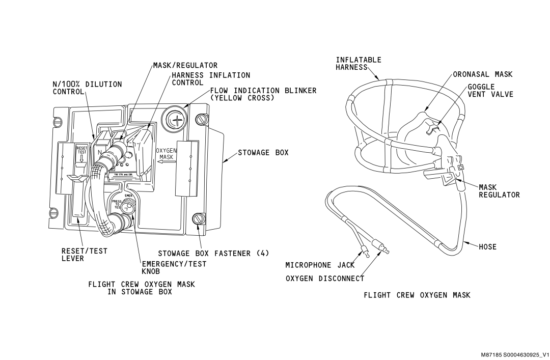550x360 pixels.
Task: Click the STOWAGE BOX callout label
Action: click(263, 152)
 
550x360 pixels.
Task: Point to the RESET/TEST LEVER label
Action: click(80, 255)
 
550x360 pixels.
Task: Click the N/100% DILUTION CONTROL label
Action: click(87, 88)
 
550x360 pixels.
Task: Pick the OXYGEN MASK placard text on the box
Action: click(166, 154)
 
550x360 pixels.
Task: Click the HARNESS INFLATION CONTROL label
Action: click(210, 78)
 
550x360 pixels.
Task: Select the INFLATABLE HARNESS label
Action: click(358, 63)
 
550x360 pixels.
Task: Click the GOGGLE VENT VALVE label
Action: click(490, 91)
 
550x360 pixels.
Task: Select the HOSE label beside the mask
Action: click(487, 246)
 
